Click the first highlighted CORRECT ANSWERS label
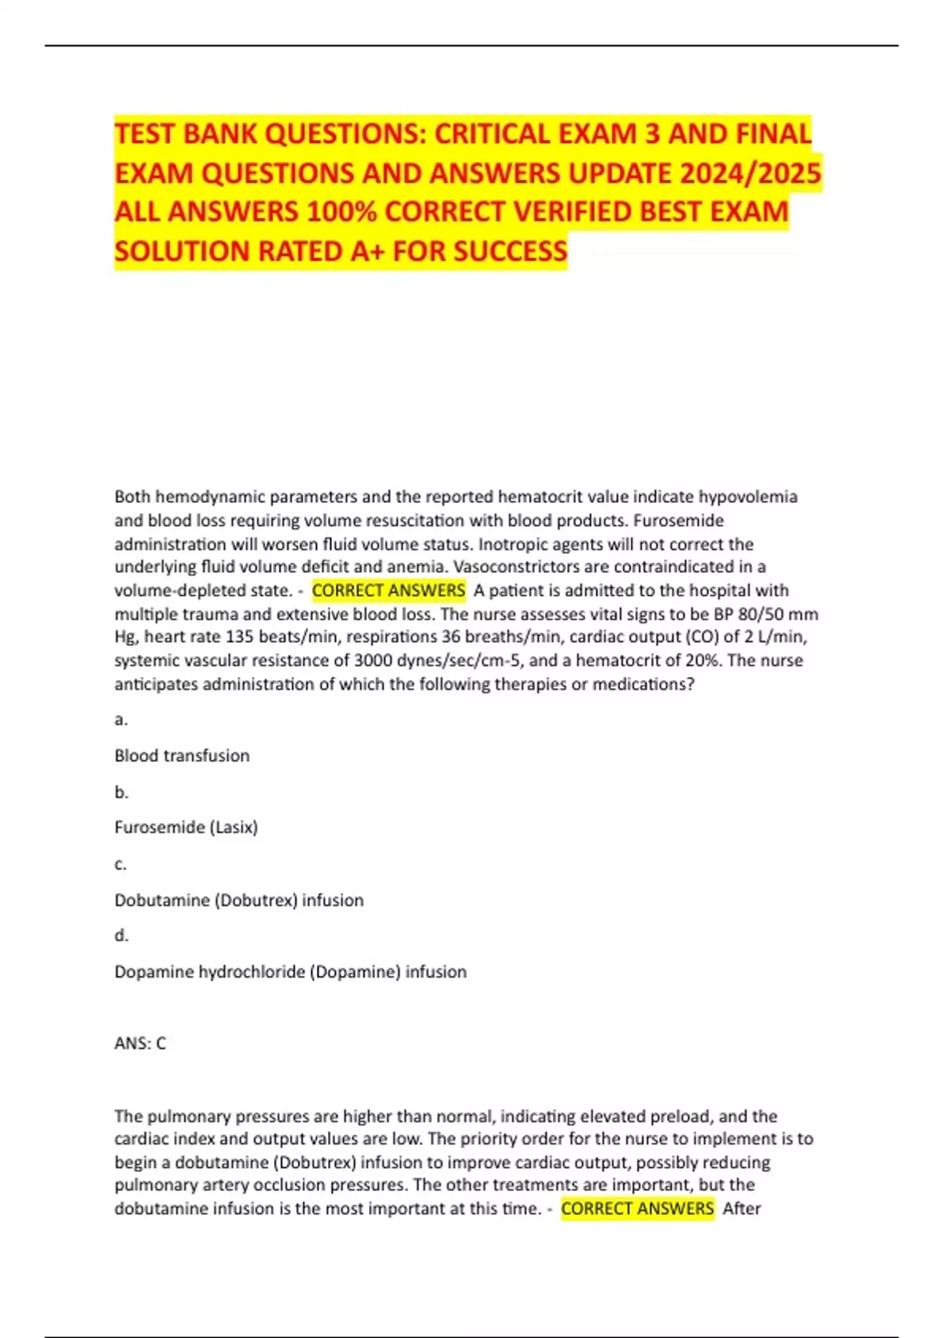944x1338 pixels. point(389,590)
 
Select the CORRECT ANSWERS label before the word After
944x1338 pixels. point(637,1208)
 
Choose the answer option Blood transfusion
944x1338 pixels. point(182,756)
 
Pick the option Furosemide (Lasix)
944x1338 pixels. point(186,827)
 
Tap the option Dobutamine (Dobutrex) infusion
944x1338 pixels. point(239,900)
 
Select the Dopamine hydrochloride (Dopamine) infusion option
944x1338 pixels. point(290,971)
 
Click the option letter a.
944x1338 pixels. point(120,719)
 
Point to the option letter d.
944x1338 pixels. point(121,935)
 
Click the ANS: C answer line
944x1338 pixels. point(140,1044)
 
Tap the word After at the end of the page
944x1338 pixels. point(742,1208)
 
